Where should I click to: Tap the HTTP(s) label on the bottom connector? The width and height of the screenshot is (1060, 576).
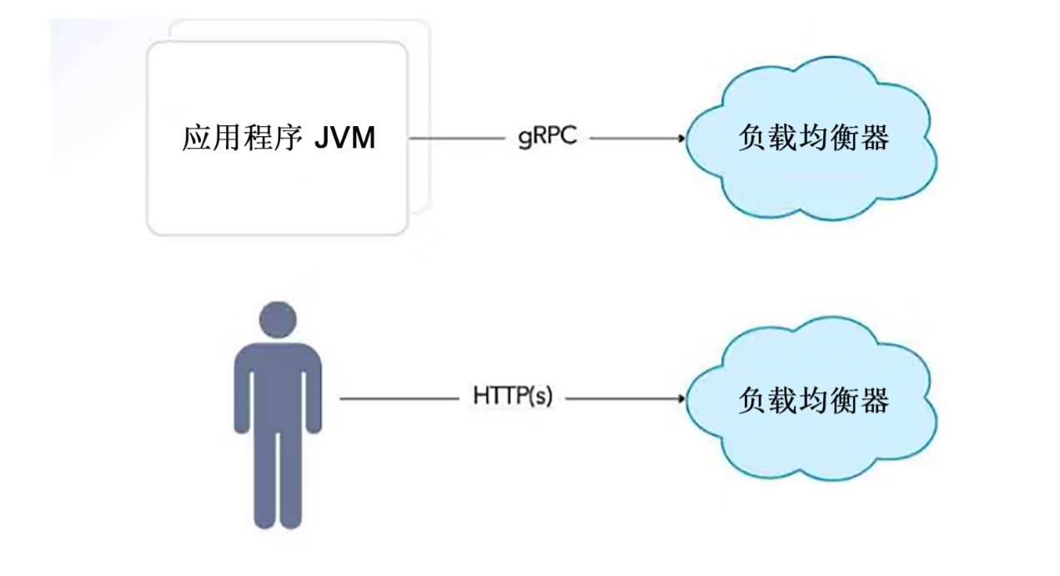513,397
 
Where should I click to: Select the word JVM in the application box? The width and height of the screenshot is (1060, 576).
344,139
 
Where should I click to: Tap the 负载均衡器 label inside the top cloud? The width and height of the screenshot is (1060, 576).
814,139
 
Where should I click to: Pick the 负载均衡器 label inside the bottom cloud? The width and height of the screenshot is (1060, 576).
814,400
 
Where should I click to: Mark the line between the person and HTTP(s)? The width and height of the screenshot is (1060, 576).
400,398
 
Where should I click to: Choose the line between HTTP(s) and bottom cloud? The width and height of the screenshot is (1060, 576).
621,398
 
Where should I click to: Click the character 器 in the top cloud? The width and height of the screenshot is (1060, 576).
875,139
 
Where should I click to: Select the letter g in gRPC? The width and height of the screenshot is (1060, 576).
522,140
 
